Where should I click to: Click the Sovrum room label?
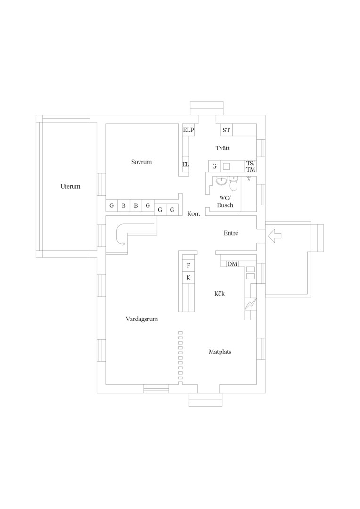point(141,162)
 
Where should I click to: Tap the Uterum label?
point(70,186)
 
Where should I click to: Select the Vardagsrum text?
point(142,319)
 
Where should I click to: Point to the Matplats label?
point(220,352)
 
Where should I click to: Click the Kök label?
point(220,294)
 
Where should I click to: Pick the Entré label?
point(231,233)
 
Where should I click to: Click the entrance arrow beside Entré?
point(275,236)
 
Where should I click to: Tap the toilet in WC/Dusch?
point(234,184)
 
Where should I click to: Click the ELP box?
point(188,130)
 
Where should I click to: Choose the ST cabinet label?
point(226,130)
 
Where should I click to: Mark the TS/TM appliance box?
point(251,166)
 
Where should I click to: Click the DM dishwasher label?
point(232,264)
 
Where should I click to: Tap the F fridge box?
point(188,266)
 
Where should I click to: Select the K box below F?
point(188,278)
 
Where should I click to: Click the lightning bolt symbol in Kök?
point(250,304)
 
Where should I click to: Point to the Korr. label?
point(194,214)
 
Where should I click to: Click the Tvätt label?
point(223,148)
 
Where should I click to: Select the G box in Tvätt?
point(214,166)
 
